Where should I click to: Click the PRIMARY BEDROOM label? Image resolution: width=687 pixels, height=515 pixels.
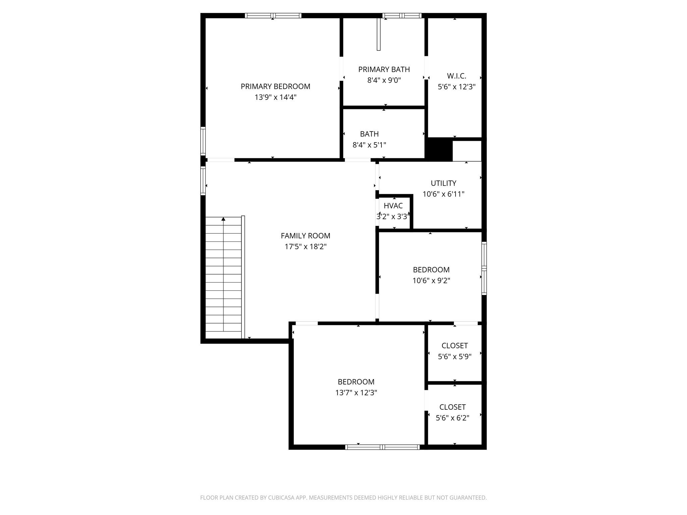click(x=275, y=87)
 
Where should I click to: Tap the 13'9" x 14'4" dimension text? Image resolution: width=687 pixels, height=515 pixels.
click(x=275, y=97)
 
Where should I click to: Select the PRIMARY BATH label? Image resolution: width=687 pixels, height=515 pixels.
click(x=384, y=69)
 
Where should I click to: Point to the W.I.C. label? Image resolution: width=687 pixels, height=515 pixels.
click(x=457, y=76)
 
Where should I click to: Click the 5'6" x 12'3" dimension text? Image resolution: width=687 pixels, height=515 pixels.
click(x=457, y=87)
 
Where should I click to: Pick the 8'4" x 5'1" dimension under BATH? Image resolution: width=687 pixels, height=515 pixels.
click(x=369, y=145)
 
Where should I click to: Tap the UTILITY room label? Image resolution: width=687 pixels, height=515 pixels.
click(x=443, y=183)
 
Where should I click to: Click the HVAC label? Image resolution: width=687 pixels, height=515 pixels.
click(x=393, y=206)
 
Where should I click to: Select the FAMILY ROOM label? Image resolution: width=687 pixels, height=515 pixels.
click(x=306, y=236)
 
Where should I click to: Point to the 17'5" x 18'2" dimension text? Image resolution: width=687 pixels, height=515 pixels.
click(x=306, y=247)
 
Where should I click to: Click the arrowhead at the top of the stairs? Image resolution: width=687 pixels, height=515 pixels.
click(x=223, y=219)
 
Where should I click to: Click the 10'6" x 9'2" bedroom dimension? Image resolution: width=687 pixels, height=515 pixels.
click(x=431, y=280)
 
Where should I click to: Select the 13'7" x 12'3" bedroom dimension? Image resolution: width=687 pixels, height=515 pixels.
click(x=356, y=393)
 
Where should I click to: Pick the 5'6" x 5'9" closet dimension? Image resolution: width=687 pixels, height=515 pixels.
click(x=455, y=356)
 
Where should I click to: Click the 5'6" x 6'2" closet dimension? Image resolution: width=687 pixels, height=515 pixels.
click(x=453, y=418)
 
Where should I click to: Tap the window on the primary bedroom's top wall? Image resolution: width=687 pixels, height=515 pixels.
click(x=273, y=15)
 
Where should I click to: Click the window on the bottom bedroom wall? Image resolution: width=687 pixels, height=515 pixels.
click(x=382, y=447)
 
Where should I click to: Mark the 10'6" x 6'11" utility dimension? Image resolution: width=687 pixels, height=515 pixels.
click(x=443, y=194)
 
